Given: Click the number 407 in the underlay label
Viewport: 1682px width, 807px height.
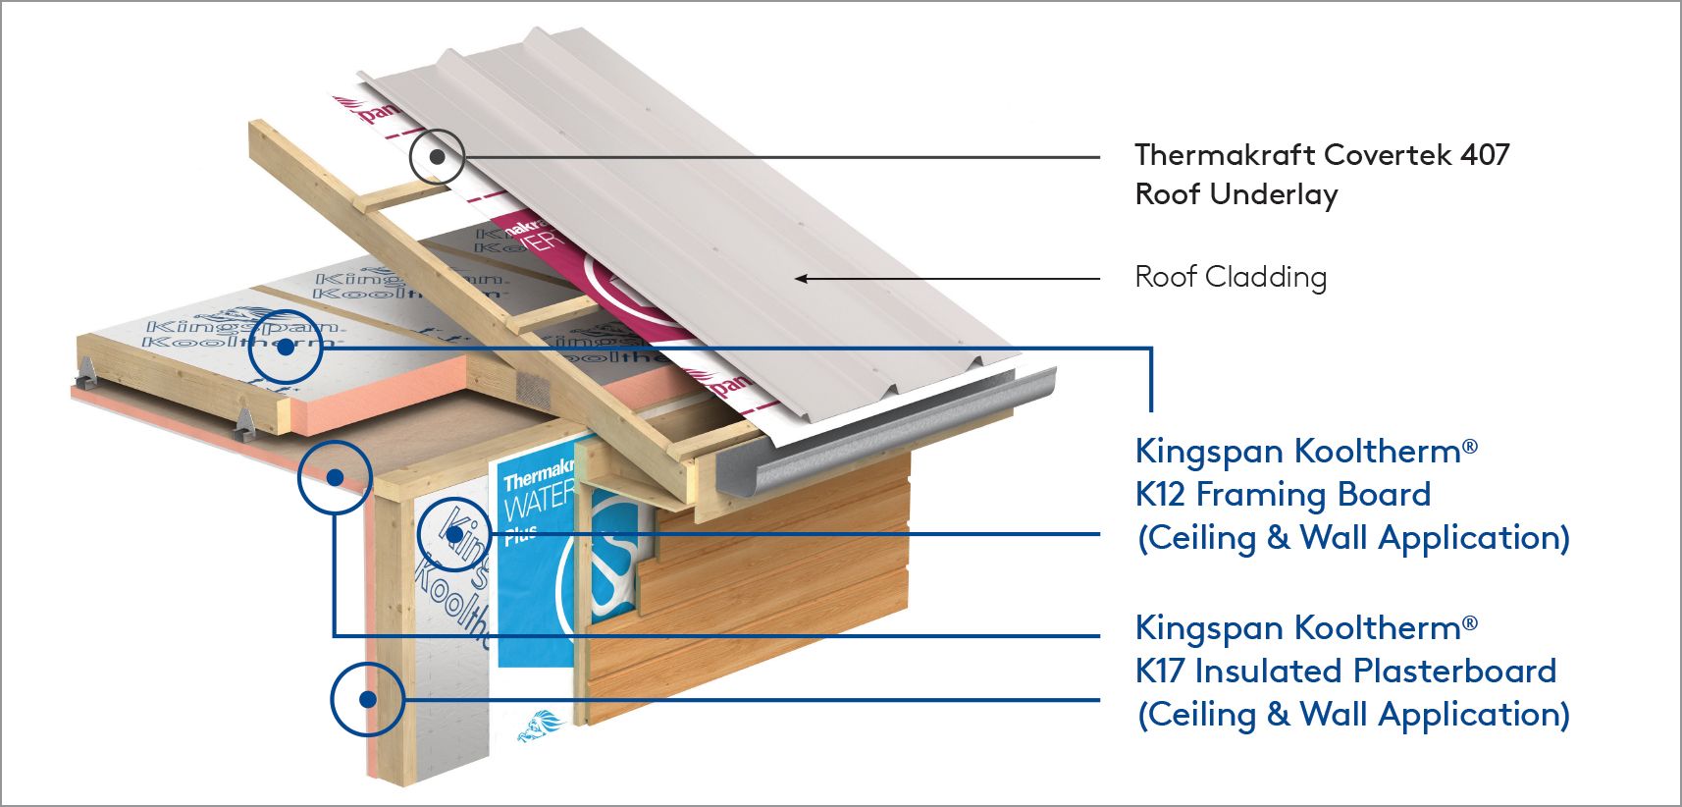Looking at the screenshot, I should coord(1485,155).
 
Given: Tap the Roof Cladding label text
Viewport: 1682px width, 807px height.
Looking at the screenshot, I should coord(1231,278).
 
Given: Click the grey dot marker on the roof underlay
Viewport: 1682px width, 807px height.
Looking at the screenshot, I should coord(437,156).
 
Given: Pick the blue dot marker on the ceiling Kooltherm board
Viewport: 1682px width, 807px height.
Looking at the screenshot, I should coord(285,347).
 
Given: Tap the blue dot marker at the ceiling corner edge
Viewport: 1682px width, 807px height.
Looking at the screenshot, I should coord(335,477).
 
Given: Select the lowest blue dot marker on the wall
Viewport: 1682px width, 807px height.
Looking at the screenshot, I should coord(367,700).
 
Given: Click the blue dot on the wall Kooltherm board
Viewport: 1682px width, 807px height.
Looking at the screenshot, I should coord(454,535).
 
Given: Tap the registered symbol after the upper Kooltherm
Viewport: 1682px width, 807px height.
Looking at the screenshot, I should coord(1469,448).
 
